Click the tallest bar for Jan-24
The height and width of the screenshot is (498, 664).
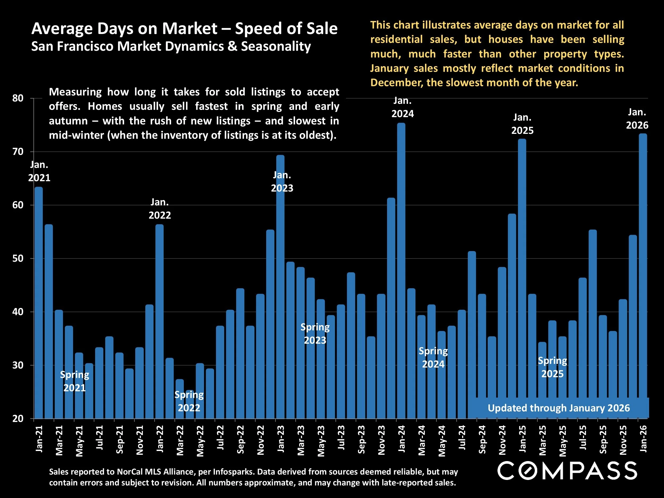[x=401, y=270]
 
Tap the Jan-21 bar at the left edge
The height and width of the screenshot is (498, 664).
[x=39, y=303]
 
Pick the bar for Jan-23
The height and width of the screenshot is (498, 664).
[x=280, y=288]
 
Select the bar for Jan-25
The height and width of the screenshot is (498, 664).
[x=522, y=279]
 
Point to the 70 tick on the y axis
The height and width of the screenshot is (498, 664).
[x=18, y=152]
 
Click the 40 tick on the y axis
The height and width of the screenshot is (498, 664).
[x=18, y=312]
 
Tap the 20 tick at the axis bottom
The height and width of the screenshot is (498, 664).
[x=18, y=419]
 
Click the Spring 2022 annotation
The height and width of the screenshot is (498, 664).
[x=189, y=401]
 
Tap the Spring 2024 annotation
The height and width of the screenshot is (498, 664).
[x=433, y=357]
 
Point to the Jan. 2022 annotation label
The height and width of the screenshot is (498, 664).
[x=160, y=208]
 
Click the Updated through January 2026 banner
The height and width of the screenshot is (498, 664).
[x=559, y=408]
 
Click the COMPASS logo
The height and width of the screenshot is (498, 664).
[x=567, y=471]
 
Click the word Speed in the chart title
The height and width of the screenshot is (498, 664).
[x=256, y=29]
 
